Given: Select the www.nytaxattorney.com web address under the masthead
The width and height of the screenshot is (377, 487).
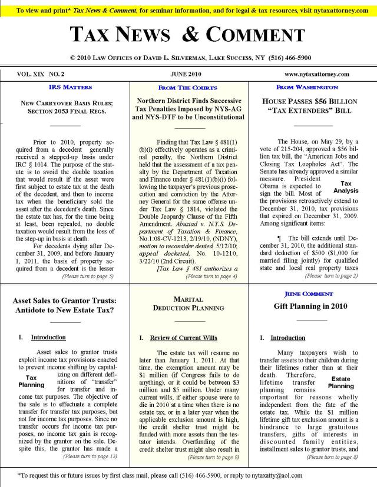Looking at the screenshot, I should tap(317, 75).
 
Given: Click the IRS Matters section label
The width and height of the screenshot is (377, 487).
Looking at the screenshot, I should tap(70, 87).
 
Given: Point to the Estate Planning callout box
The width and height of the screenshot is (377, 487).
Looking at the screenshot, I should tap(340, 383).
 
